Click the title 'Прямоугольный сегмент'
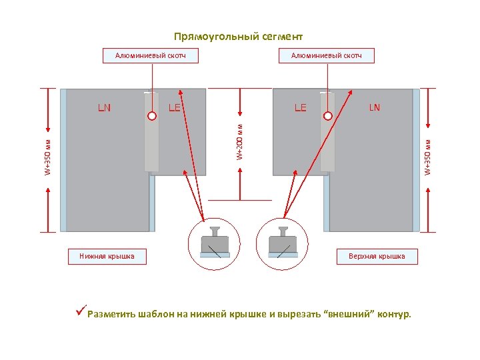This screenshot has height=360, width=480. click(x=238, y=36)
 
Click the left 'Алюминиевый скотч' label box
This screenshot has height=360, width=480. click(x=151, y=55)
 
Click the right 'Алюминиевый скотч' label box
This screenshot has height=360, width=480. click(x=327, y=55)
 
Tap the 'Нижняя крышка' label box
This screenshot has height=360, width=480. click(x=107, y=256)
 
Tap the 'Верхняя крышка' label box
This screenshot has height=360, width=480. click(x=377, y=256)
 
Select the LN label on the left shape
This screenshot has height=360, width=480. click(x=105, y=107)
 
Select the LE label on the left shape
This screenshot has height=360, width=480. click(x=175, y=107)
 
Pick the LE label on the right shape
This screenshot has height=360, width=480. click(x=301, y=107)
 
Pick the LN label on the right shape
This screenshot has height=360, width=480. click(x=375, y=107)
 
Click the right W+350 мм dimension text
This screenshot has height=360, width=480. click(x=429, y=157)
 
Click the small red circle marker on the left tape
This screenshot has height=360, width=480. click(x=151, y=115)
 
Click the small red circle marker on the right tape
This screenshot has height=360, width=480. click(x=327, y=115)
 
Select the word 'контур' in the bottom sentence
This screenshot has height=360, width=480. click(x=393, y=315)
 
